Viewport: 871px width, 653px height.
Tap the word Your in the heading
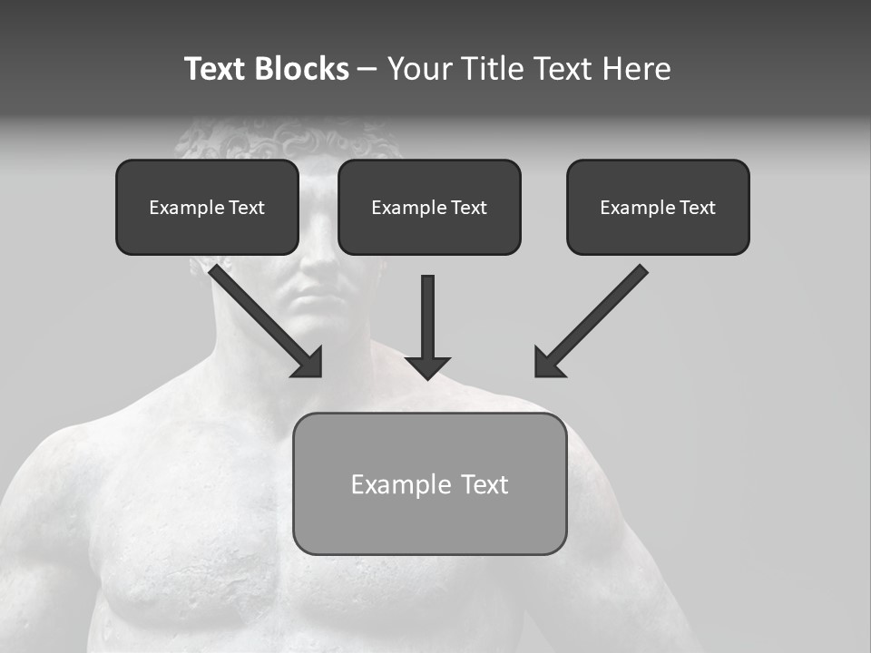(x=420, y=69)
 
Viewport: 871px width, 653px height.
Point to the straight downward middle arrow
(x=427, y=317)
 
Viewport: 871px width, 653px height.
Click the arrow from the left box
(x=263, y=317)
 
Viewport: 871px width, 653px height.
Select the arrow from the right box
(x=594, y=317)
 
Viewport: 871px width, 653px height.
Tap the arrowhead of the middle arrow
(x=427, y=367)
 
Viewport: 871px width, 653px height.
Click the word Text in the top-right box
(x=697, y=208)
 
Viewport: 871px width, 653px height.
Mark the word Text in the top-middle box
(x=468, y=208)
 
